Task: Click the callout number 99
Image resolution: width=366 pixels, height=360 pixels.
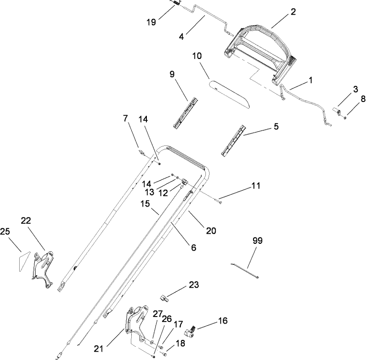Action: coord(258,241)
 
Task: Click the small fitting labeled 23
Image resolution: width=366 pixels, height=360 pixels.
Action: coord(166,298)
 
